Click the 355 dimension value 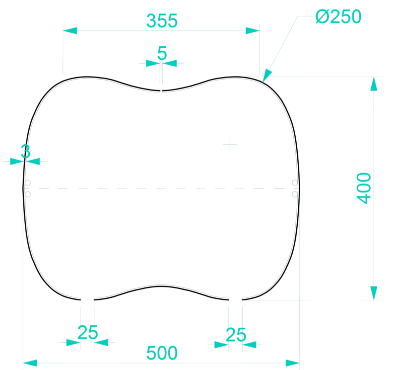162,21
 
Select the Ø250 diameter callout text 338,17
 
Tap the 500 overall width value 162,353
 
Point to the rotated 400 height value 364,188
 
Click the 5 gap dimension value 162,53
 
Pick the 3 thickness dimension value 26,151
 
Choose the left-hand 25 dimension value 88,332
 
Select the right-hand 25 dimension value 236,335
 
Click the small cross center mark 230,144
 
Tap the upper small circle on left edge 28,183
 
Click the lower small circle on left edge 28,194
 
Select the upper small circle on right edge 295,183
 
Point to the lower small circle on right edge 295,194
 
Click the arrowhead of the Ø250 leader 266,76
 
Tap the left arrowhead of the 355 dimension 70,31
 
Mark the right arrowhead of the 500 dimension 293,363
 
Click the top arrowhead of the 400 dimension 374,84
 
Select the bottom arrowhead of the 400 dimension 374,293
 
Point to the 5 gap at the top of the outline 161,91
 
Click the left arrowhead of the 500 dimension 30,363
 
